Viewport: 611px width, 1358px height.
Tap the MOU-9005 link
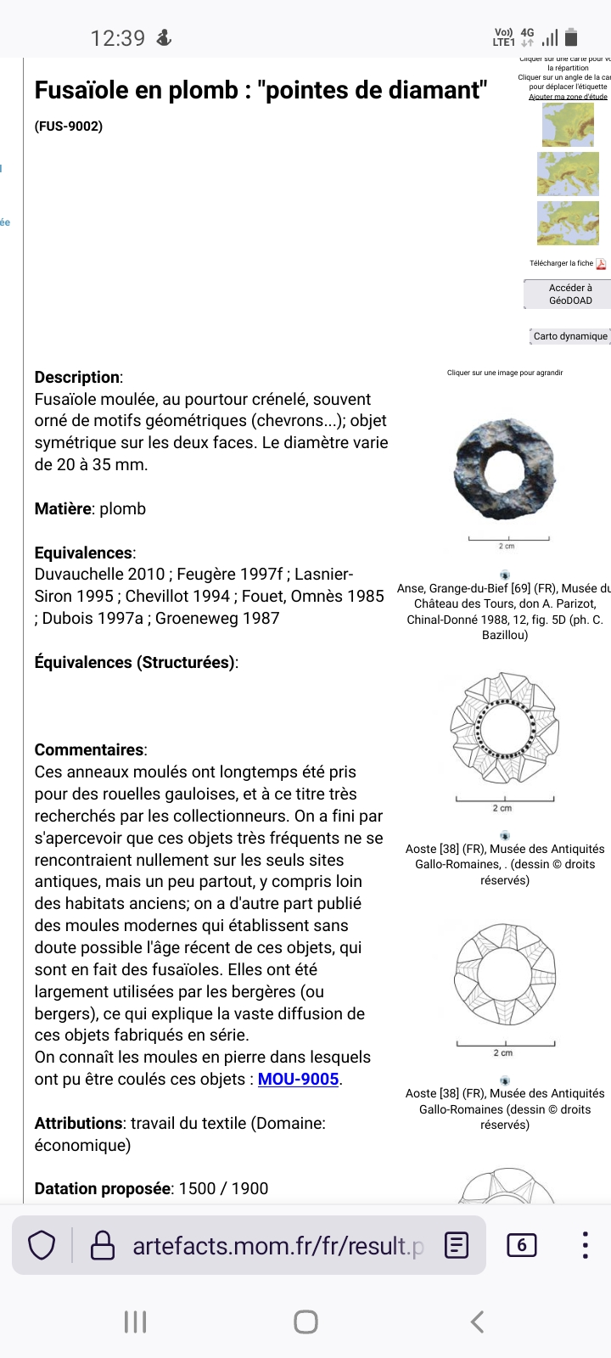click(298, 1080)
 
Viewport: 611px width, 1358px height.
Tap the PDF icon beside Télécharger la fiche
click(601, 264)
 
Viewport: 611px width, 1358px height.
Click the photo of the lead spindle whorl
click(504, 469)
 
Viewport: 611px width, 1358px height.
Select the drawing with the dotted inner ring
click(504, 729)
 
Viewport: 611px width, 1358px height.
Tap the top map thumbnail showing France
click(568, 125)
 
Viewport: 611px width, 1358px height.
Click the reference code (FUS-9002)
click(69, 126)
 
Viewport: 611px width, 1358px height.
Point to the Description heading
click(77, 378)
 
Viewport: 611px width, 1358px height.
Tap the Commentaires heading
click(90, 750)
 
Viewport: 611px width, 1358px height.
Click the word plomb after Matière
click(123, 509)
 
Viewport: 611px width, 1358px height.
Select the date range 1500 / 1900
click(223, 1189)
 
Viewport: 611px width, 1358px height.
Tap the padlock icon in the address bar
click(103, 1246)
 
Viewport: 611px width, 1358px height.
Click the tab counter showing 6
click(521, 1245)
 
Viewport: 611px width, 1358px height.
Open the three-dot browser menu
click(585, 1245)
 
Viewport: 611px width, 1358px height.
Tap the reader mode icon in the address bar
click(457, 1246)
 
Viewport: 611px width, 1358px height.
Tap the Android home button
click(305, 1322)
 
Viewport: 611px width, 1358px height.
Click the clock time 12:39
click(118, 38)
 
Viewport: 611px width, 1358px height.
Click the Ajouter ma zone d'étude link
click(568, 97)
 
